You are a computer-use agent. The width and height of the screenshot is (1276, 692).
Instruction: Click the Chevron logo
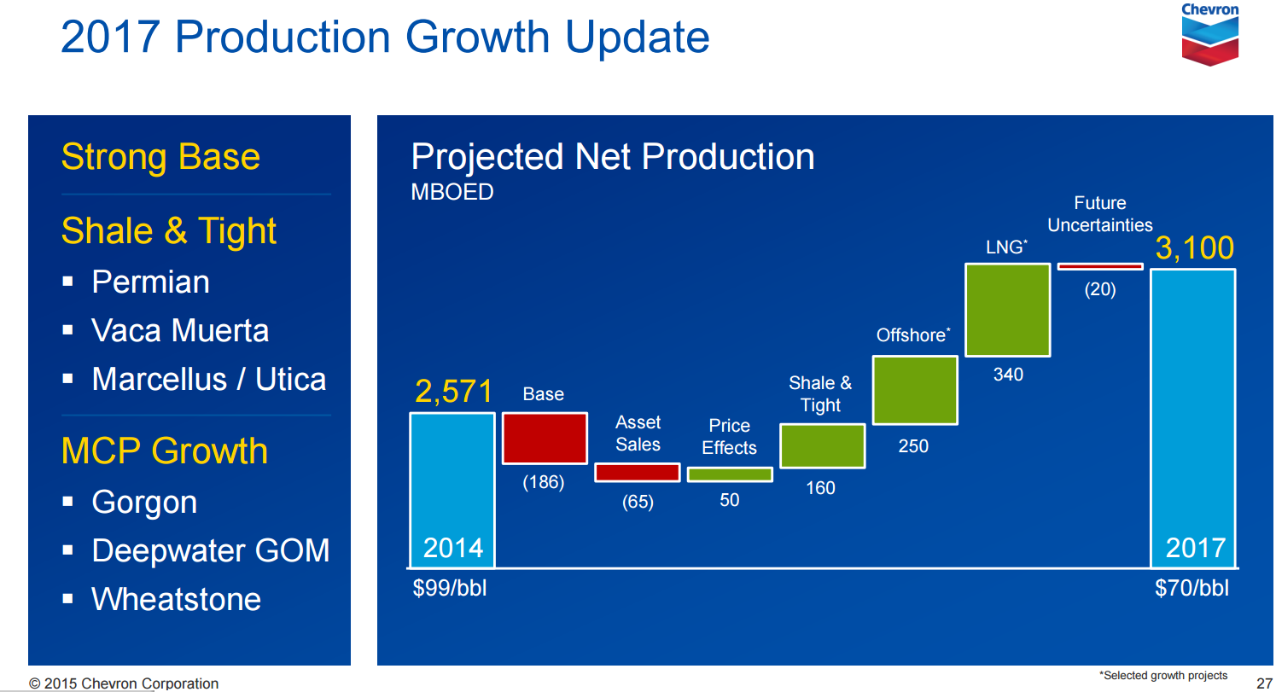1209,34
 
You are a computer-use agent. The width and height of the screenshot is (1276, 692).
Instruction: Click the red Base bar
545,439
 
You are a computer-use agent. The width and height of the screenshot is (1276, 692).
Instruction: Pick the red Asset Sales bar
637,473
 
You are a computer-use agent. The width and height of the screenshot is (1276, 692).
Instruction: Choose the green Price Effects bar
730,474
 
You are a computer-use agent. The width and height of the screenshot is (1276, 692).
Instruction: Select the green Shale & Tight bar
822,446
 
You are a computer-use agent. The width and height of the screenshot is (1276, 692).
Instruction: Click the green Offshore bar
914,390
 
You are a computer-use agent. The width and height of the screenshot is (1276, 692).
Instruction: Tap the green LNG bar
1007,310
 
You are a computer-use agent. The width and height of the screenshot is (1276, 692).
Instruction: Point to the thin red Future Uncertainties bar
1099,266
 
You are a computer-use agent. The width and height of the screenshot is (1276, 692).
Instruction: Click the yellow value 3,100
1194,248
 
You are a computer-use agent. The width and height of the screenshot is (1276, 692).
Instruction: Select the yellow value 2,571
454,392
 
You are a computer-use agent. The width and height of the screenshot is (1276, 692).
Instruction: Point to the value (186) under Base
544,483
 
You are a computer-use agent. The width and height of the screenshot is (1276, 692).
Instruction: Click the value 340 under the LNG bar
1008,375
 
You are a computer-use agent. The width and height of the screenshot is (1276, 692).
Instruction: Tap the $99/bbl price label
449,588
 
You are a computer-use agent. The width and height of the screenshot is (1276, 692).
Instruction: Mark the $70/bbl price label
1192,588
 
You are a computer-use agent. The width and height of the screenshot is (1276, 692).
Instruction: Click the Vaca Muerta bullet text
180,331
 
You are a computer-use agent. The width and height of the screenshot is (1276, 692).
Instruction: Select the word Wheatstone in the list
176,599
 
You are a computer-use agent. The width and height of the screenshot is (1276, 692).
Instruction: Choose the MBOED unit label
452,192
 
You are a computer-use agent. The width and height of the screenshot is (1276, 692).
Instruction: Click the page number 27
1265,682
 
